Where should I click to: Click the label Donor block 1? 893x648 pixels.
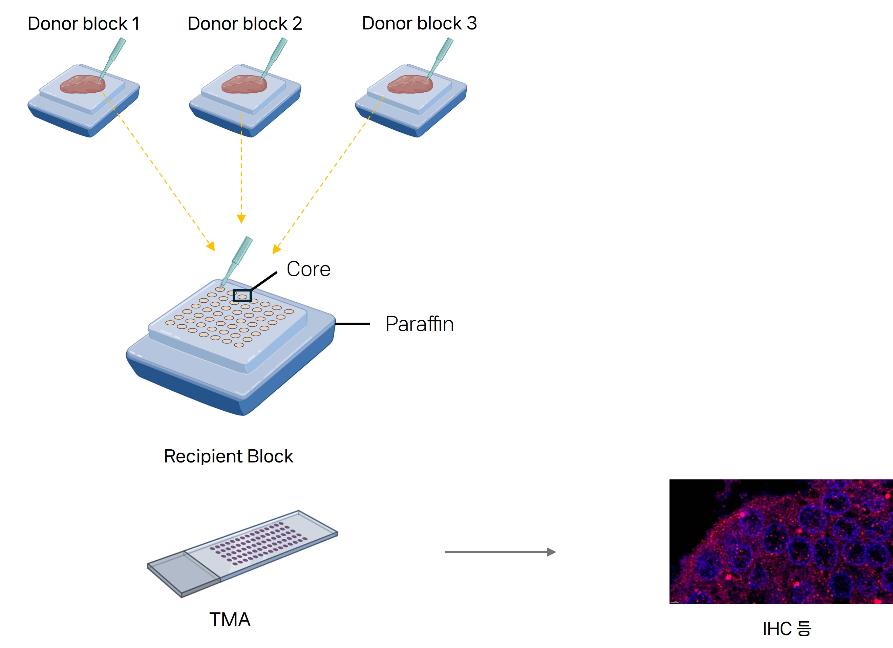coord(83,24)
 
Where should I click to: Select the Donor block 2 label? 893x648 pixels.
coord(244,24)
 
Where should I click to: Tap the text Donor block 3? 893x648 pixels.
coord(419,23)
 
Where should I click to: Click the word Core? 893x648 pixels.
coord(308,269)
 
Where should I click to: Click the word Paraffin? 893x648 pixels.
coord(419,324)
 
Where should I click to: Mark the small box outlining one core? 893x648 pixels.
coord(242,296)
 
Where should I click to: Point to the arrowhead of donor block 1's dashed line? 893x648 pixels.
coord(211,246)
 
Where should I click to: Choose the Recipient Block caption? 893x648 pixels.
coord(228,456)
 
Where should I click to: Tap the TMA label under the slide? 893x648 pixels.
coord(230,620)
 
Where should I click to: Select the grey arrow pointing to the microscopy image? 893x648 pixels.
coord(500,552)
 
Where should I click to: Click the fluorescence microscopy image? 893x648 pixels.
coord(781,541)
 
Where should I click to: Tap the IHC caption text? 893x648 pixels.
coord(787,629)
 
